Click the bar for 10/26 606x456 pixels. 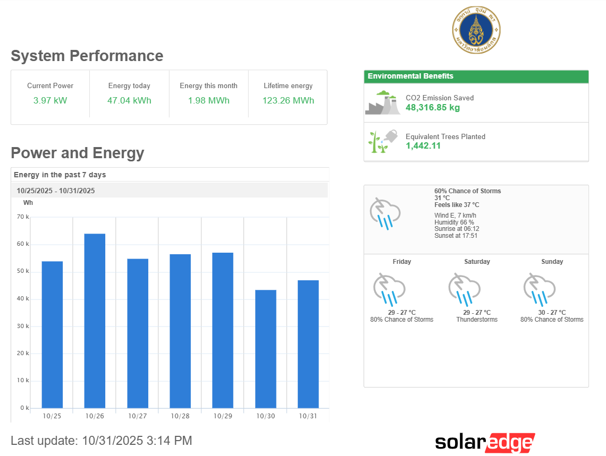[95, 321]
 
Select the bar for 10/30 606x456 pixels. [265, 349]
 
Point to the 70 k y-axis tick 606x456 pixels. [23, 217]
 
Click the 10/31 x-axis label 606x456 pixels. [308, 416]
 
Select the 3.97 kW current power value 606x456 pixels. [50, 100]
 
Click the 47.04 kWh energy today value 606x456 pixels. [129, 100]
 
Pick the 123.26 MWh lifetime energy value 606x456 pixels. [288, 100]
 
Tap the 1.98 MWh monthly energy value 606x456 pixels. [208, 100]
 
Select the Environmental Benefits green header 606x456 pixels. [476, 76]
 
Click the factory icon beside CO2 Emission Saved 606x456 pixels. [383, 102]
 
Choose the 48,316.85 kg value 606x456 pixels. [433, 107]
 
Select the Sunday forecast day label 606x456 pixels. [552, 262]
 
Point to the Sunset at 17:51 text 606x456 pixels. [456, 236]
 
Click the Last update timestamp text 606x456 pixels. [102, 441]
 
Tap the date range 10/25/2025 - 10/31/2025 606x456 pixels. [56, 191]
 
